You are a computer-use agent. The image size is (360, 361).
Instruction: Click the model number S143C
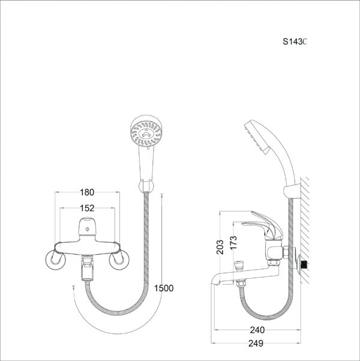pyautogui.click(x=295, y=42)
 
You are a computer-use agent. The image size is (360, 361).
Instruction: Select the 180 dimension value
pyautogui.click(x=87, y=192)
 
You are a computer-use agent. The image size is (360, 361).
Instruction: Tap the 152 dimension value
pyautogui.click(x=87, y=208)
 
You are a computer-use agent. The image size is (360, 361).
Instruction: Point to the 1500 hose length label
pyautogui.click(x=163, y=288)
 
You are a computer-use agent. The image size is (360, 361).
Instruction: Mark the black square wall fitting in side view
pyautogui.click(x=307, y=264)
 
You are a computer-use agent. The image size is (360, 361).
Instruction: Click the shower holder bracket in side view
pyautogui.click(x=292, y=191)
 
